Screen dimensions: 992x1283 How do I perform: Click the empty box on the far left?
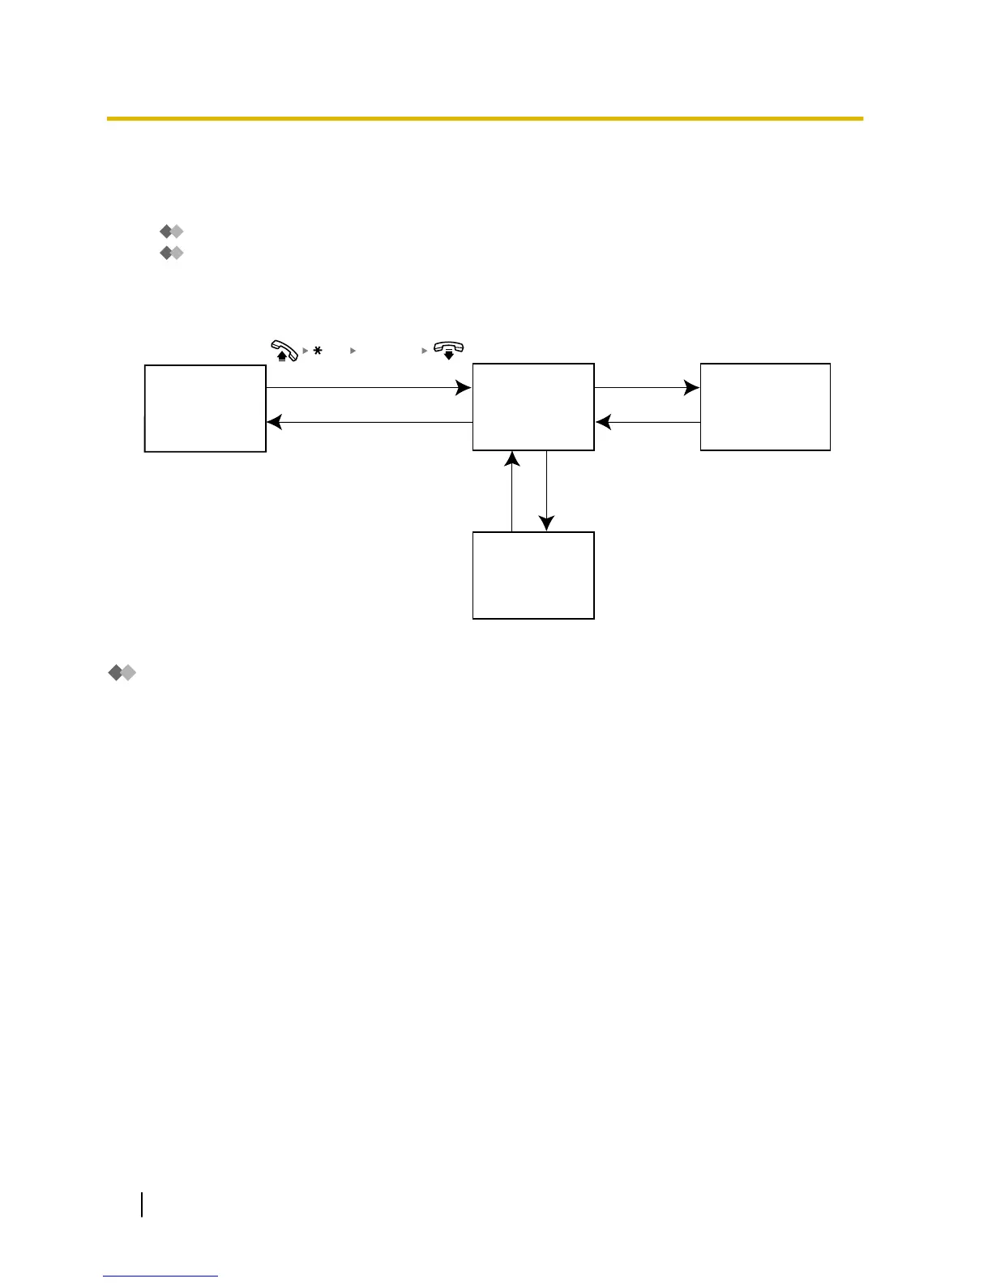pyautogui.click(x=205, y=408)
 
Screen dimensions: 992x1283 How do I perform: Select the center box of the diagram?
pyautogui.click(x=533, y=407)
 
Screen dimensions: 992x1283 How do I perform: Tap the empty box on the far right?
pyautogui.click(x=765, y=407)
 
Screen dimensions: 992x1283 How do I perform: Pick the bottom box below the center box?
pyautogui.click(x=533, y=575)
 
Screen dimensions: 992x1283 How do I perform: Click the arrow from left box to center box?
pyautogui.click(x=369, y=388)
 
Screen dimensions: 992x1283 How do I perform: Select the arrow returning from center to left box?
pyautogui.click(x=369, y=422)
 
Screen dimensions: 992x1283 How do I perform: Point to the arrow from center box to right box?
pyautogui.click(x=647, y=388)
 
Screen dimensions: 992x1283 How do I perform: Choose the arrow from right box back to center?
pyautogui.click(x=647, y=422)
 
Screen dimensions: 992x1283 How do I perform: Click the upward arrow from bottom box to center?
pyautogui.click(x=512, y=491)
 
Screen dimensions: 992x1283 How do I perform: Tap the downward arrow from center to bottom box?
pyautogui.click(x=547, y=491)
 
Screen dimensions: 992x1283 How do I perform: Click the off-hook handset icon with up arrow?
pyautogui.click(x=284, y=350)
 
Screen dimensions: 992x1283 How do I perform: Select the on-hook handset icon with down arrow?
pyautogui.click(x=448, y=349)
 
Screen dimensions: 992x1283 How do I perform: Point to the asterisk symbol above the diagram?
pyautogui.click(x=318, y=351)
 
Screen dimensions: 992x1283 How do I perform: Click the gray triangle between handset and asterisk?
pyautogui.click(x=305, y=351)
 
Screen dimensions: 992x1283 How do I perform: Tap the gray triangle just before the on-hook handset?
pyautogui.click(x=424, y=351)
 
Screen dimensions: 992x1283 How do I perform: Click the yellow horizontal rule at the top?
pyautogui.click(x=485, y=119)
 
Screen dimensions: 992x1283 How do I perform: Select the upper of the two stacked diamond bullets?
pyautogui.click(x=172, y=232)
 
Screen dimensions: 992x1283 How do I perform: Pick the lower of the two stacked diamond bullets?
pyautogui.click(x=172, y=254)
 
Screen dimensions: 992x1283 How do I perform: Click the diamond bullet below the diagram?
pyautogui.click(x=122, y=672)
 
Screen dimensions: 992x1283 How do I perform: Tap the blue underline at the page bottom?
pyautogui.click(x=160, y=1276)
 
